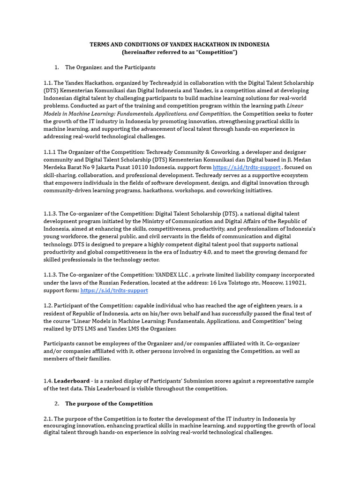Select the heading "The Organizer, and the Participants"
click(110, 67)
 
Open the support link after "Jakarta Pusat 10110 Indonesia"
click(247, 167)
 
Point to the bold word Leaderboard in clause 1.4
click(72, 381)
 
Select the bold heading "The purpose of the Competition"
click(109, 404)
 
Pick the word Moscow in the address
click(271, 283)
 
